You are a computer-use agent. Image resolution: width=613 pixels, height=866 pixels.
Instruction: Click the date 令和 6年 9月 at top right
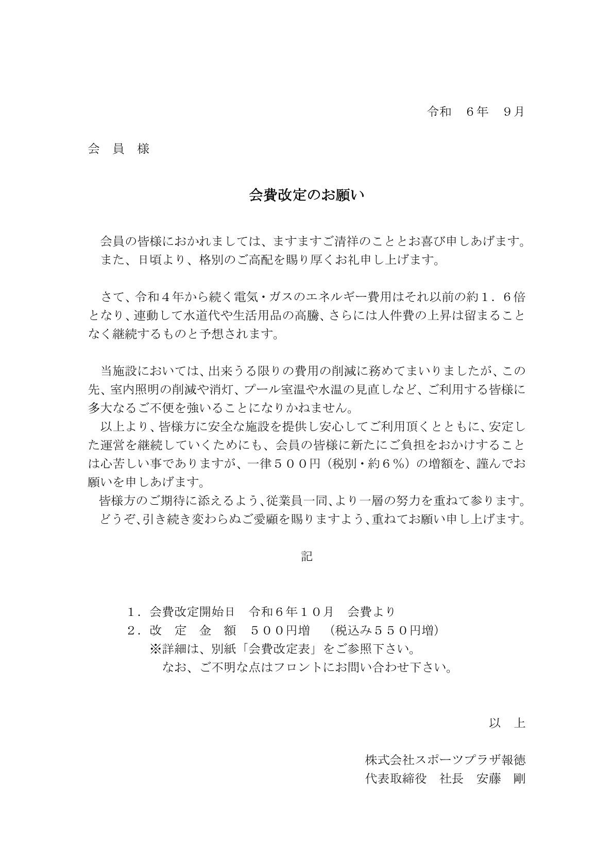[475, 112]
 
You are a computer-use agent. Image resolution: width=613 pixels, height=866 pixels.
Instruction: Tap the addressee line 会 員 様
[119, 149]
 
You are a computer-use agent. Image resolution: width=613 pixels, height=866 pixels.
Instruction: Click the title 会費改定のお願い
[306, 195]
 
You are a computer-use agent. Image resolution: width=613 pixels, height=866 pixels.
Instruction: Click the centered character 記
[306, 556]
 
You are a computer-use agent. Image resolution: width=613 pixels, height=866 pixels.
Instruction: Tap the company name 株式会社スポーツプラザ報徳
[445, 760]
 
